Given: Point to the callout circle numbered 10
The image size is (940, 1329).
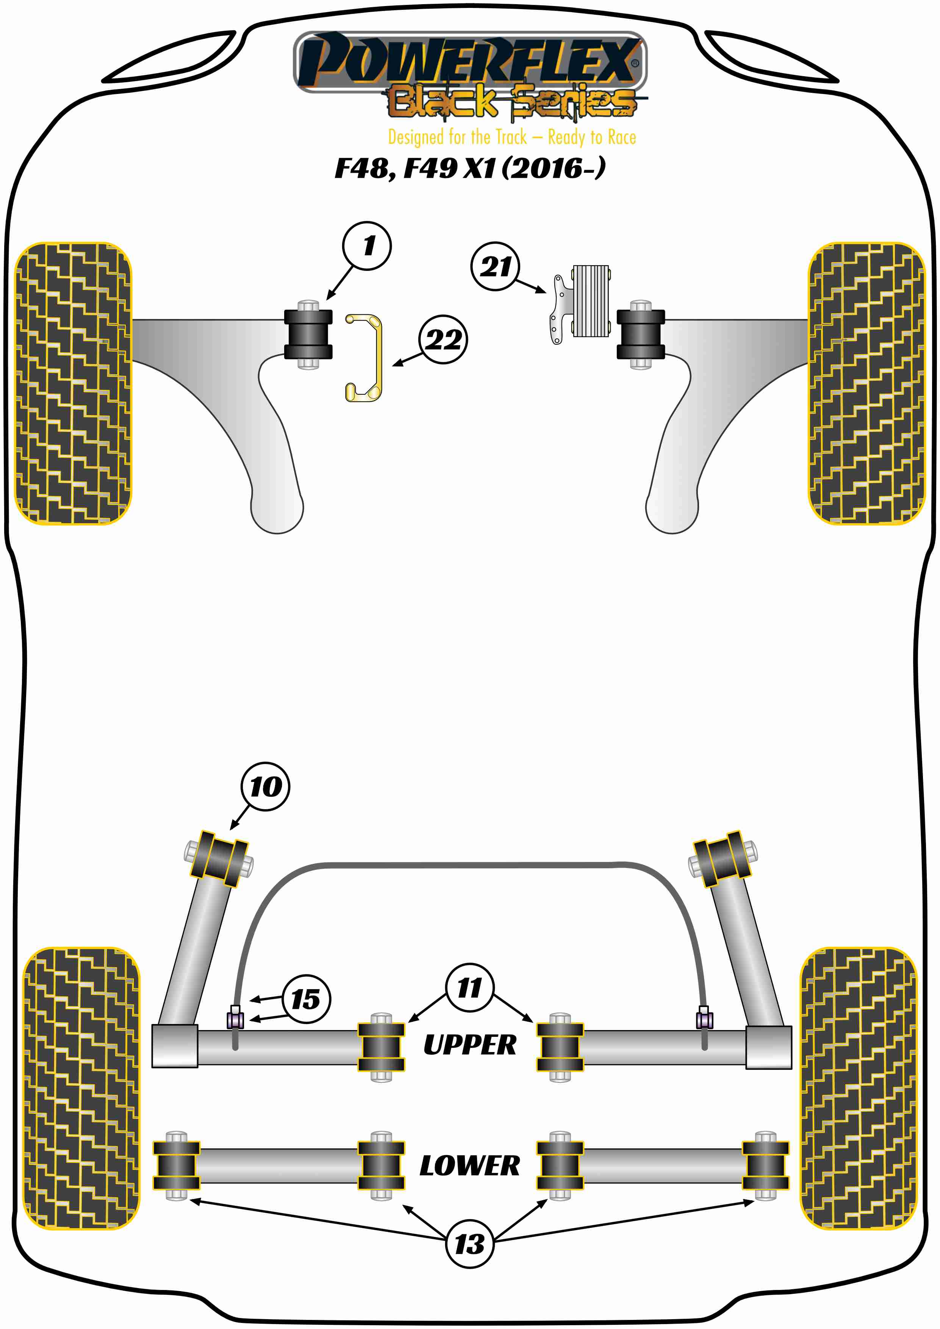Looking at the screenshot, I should (x=266, y=786).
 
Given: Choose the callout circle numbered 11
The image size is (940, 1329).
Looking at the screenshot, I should (x=469, y=988).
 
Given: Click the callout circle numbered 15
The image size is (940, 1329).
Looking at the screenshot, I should (x=306, y=999).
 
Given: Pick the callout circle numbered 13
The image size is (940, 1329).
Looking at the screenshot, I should (x=469, y=1243).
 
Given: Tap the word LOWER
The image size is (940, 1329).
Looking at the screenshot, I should (x=469, y=1166).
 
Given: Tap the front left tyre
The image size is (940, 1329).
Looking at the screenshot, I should (x=73, y=383).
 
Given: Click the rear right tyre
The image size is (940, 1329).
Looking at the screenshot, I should (x=859, y=1088).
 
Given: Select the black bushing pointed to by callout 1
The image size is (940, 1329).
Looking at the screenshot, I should (x=308, y=335).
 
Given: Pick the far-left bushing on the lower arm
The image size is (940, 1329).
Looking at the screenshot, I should (x=176, y=1165).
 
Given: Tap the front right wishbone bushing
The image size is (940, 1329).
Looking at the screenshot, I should (x=640, y=335).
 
